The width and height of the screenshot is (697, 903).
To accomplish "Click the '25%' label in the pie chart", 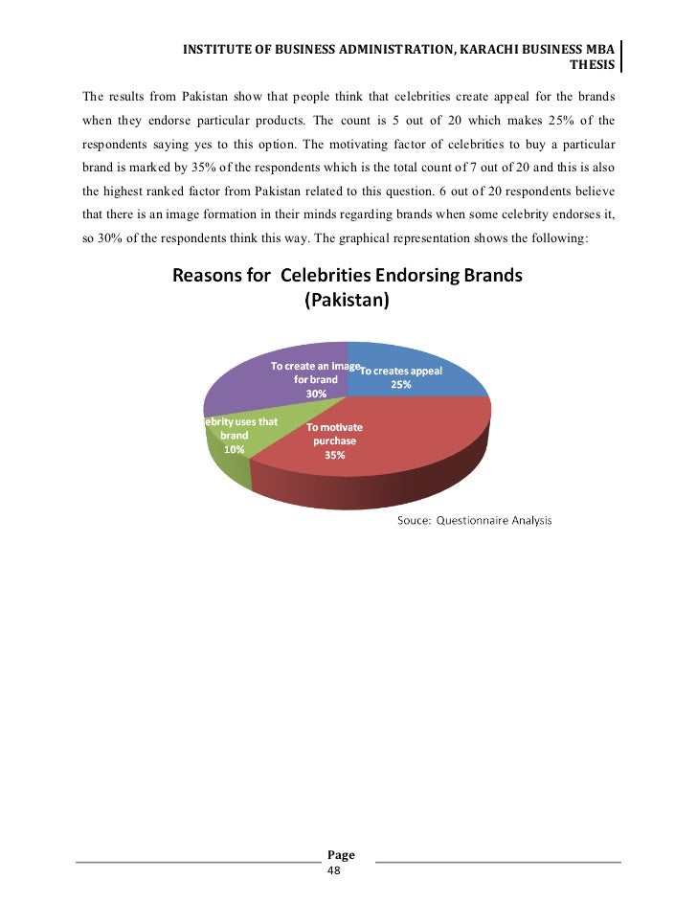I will [400, 385].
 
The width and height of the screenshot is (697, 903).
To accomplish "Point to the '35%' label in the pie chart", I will [334, 456].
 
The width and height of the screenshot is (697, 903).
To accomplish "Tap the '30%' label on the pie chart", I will [316, 394].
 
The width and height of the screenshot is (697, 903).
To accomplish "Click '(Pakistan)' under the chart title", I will [346, 300].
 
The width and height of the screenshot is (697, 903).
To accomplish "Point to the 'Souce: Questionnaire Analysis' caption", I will [474, 521].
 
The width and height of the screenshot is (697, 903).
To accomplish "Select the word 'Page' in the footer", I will [341, 855].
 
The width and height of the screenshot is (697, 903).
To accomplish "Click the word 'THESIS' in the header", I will [592, 65].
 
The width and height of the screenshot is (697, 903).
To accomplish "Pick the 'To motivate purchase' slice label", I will [334, 434].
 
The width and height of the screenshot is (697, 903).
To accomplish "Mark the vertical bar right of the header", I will [621, 56].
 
